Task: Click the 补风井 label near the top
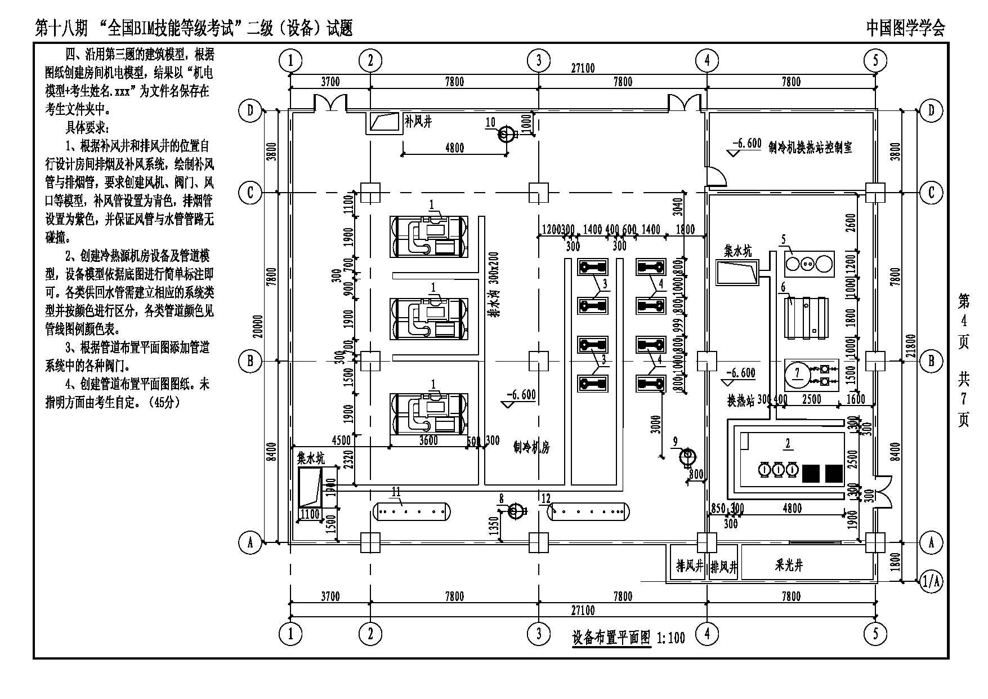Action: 418,122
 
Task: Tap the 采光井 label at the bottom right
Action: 788,566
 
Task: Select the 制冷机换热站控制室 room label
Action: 810,148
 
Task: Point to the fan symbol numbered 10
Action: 507,135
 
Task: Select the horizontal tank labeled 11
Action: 412,511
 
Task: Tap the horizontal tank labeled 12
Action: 589,511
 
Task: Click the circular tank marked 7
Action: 797,373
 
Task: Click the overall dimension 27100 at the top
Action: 583,69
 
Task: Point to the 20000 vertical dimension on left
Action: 258,326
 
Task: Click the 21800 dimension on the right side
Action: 911,349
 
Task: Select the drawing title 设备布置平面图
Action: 611,638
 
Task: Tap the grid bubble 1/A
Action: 931,581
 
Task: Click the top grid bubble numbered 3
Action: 538,60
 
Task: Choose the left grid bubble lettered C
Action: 251,193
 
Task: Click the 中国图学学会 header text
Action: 905,28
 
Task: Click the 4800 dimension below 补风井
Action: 454,148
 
